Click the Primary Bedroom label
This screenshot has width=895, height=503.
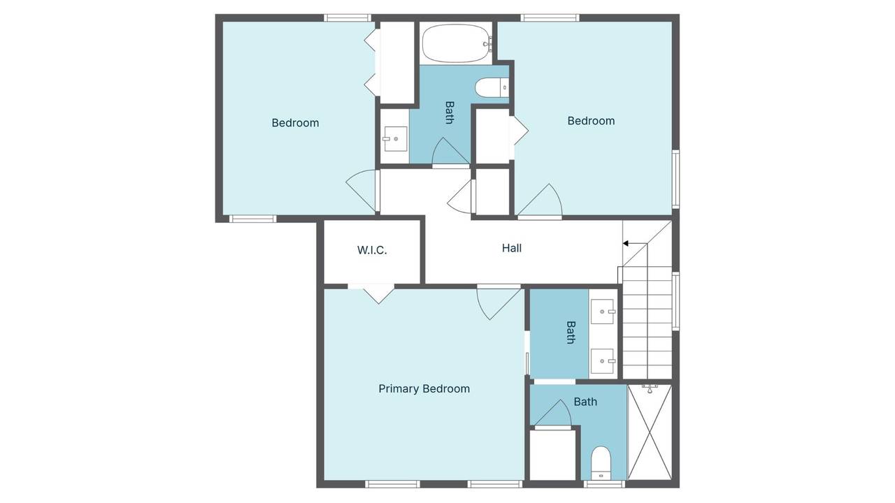[x=424, y=388]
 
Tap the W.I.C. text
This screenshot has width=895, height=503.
[x=372, y=250]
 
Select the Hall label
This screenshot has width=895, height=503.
[x=512, y=248]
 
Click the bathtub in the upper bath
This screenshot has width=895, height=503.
[x=457, y=43]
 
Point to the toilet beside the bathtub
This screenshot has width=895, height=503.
[x=492, y=87]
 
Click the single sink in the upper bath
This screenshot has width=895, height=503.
[x=395, y=139]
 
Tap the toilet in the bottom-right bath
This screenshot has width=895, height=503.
[x=601, y=462]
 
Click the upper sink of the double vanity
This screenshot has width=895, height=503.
[x=603, y=312]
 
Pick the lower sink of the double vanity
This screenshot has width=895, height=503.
[x=603, y=361]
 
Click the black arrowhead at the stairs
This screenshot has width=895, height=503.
[x=626, y=244]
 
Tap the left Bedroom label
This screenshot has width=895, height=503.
[x=295, y=122]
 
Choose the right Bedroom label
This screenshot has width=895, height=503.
[x=591, y=121]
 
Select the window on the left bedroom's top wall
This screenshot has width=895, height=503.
[x=348, y=18]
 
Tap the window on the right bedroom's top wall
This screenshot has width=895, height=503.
[x=550, y=18]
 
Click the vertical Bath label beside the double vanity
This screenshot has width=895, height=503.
[x=571, y=332]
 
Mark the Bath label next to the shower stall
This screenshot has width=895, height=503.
[x=585, y=402]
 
